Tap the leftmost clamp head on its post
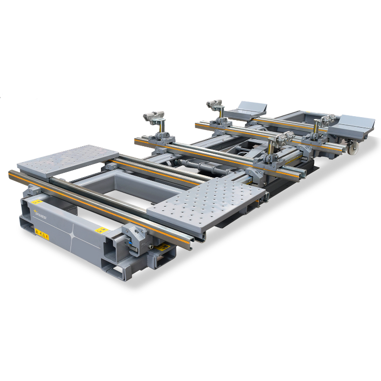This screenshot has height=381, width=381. (153, 116)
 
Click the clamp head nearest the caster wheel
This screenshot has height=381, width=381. (328, 119)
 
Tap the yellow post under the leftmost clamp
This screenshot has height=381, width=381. (161, 128)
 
